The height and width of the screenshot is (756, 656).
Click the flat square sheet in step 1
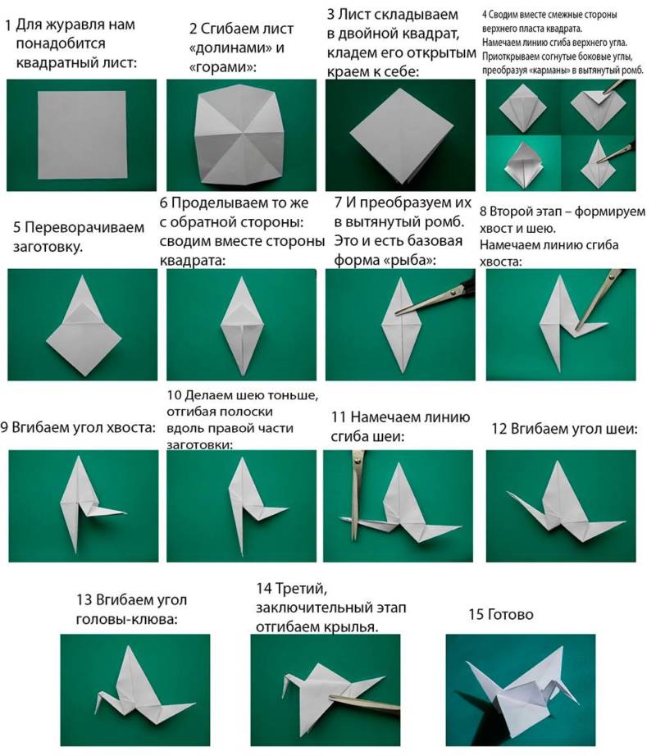(x=82, y=134)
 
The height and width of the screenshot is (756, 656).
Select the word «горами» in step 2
(x=221, y=67)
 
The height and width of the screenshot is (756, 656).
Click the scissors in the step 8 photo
(x=600, y=299)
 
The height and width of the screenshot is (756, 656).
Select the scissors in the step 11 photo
(x=358, y=494)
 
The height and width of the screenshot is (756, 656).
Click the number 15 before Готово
(x=476, y=614)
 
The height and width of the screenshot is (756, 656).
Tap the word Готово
(x=510, y=614)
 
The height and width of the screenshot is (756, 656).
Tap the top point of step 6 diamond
(x=241, y=277)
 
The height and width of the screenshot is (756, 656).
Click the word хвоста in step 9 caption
(x=130, y=428)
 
